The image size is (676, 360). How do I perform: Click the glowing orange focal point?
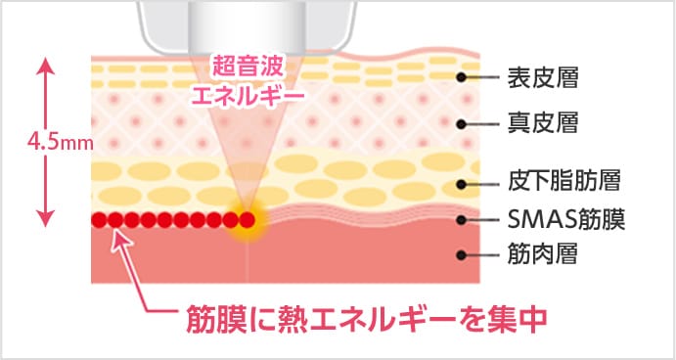pyautogui.click(x=248, y=219)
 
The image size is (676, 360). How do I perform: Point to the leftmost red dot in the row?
pyautogui.click(x=100, y=219)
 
